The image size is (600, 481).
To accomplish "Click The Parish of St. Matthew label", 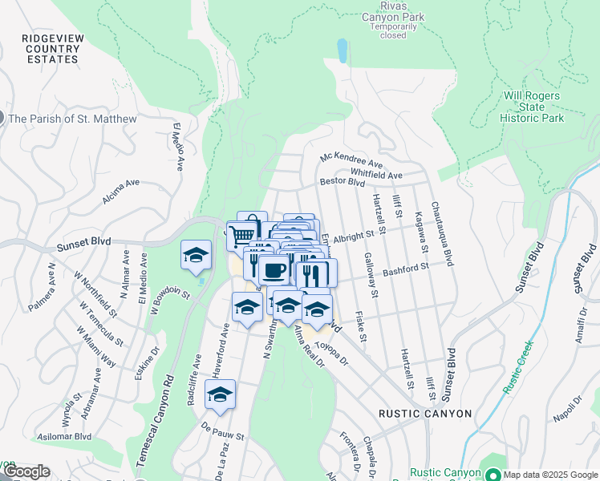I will click(73, 119).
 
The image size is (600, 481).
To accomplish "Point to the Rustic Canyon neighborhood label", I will click(426, 414).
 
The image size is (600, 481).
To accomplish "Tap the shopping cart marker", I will click(241, 236).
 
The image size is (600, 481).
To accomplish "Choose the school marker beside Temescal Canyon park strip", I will click(196, 254).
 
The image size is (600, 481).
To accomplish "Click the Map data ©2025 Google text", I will click(549, 474).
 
